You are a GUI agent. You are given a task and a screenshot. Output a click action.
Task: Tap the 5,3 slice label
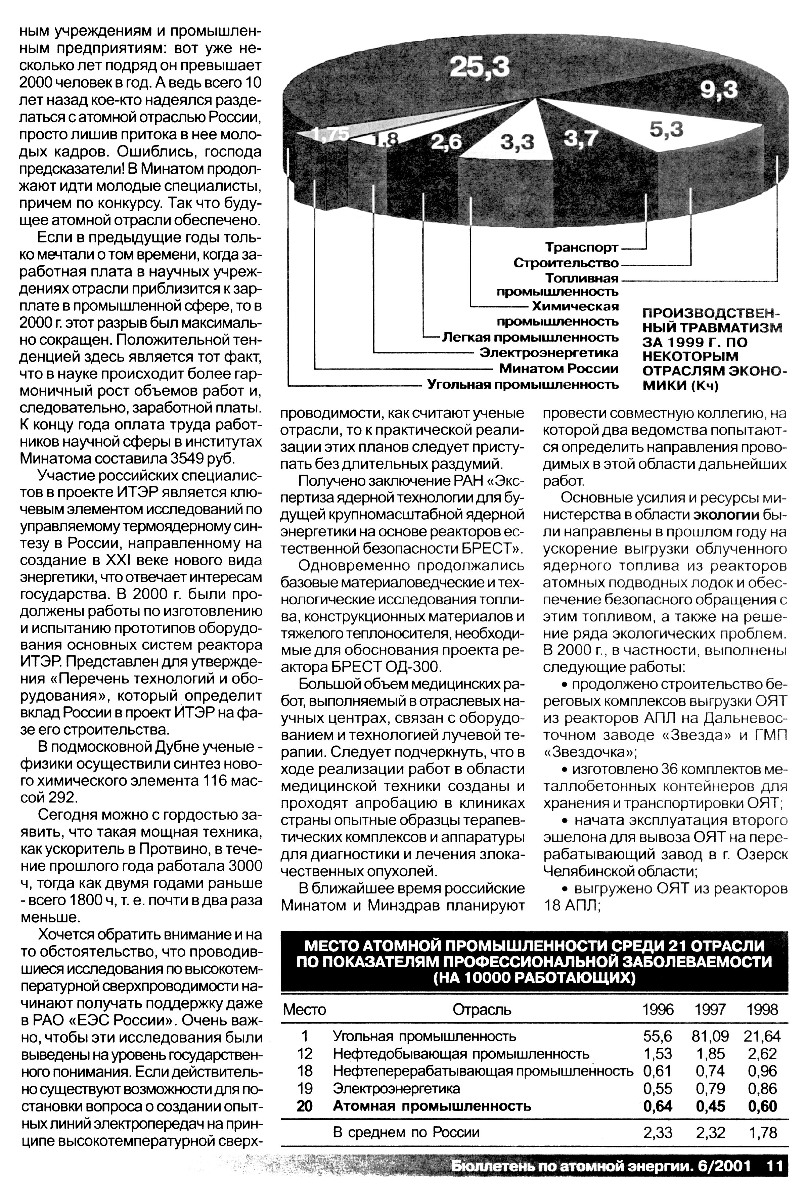pos(666,130)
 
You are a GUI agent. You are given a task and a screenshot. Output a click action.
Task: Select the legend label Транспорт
pos(582,248)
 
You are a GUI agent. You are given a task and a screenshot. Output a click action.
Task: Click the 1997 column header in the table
pos(710,1009)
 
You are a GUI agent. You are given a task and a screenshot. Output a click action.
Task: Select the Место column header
pos(304,1009)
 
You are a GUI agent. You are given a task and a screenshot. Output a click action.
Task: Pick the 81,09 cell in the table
pos(710,1036)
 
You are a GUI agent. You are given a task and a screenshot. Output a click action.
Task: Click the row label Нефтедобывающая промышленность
pos(461,1054)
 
